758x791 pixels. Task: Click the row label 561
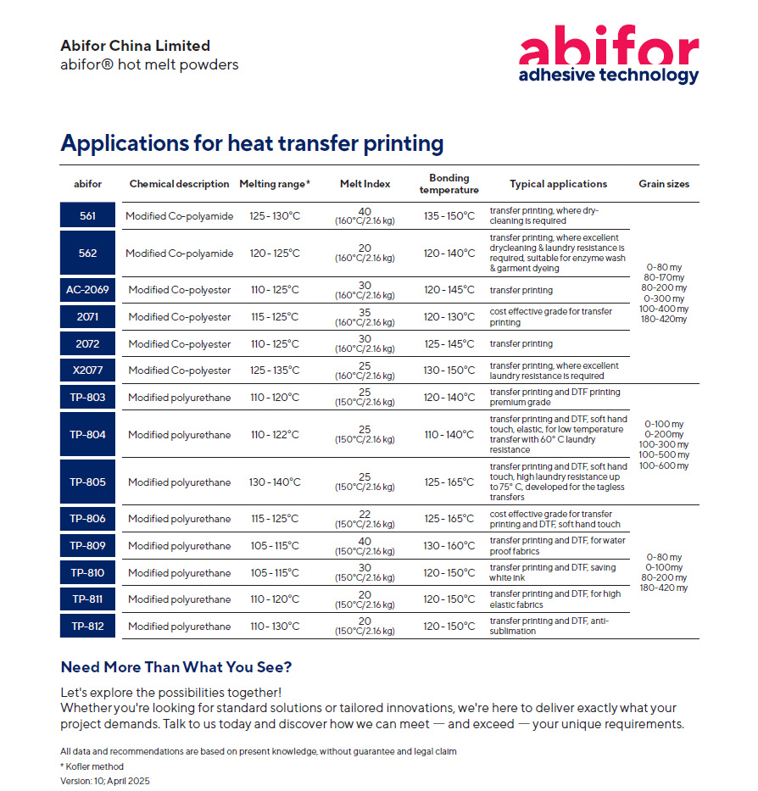pyautogui.click(x=88, y=216)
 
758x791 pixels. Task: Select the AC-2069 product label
pyautogui.click(x=88, y=290)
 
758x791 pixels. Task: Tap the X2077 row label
pyautogui.click(x=88, y=370)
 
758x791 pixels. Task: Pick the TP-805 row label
pyautogui.click(x=88, y=482)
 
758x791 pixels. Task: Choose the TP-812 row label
pyautogui.click(x=88, y=627)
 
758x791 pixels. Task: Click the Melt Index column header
pyautogui.click(x=364, y=184)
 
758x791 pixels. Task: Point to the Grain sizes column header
pyautogui.click(x=663, y=184)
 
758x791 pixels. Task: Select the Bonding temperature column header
pyautogui.click(x=449, y=184)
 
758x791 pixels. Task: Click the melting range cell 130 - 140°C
pyautogui.click(x=275, y=482)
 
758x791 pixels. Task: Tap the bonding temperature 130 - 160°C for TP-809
pyautogui.click(x=449, y=546)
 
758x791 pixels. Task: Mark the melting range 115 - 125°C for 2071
pyautogui.click(x=275, y=317)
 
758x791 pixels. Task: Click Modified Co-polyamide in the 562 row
pyautogui.click(x=179, y=253)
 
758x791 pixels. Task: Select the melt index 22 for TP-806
pyautogui.click(x=364, y=515)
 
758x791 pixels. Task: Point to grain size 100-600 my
pyautogui.click(x=663, y=465)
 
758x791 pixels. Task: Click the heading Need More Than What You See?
pyautogui.click(x=176, y=667)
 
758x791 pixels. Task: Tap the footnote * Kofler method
pyautogui.click(x=92, y=766)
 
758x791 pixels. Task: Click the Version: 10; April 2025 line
pyautogui.click(x=105, y=781)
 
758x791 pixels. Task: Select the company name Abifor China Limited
pyautogui.click(x=135, y=46)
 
